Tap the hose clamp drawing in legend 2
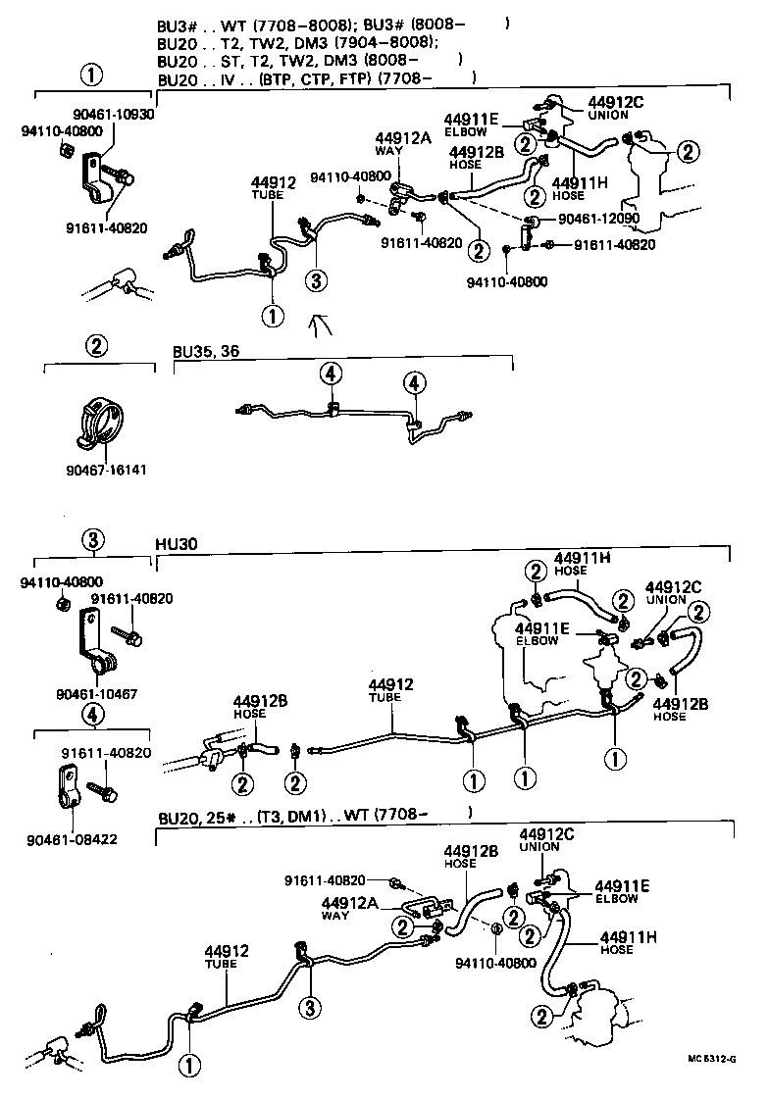[101, 424]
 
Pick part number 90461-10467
[95, 693]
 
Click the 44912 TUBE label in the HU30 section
[391, 690]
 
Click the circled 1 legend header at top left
[91, 75]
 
